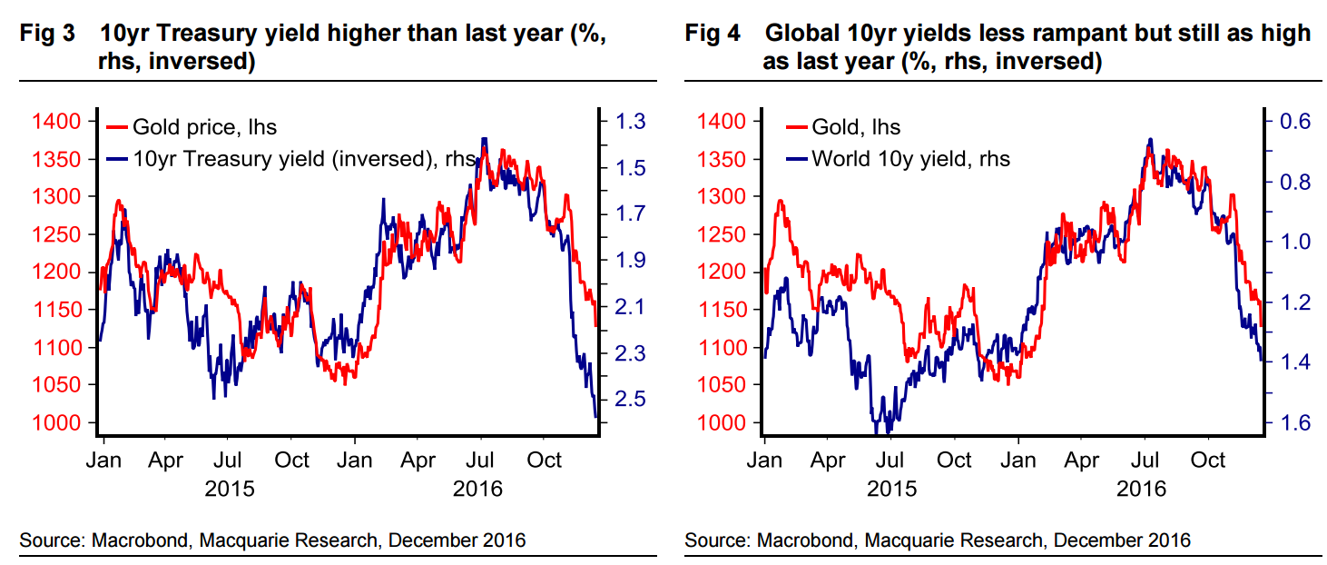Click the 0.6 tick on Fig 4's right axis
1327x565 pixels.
(x=1294, y=122)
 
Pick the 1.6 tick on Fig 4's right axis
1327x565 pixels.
(x=1294, y=423)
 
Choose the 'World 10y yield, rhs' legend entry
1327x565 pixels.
(x=910, y=159)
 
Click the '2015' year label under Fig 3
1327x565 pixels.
(x=230, y=489)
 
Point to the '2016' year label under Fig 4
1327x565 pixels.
(x=1141, y=489)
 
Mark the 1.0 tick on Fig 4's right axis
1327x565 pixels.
(x=1294, y=243)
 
